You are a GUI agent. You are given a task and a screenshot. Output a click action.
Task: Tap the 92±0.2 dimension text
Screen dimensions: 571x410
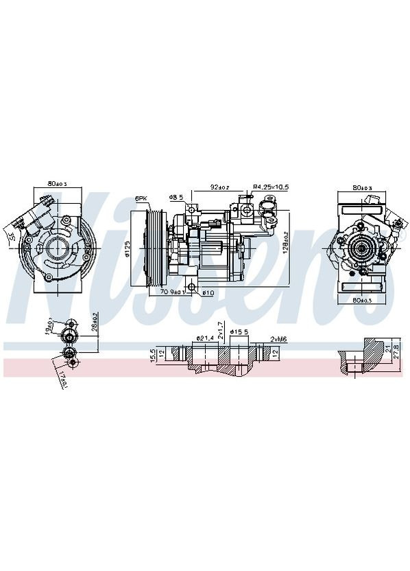pyautogui.click(x=219, y=187)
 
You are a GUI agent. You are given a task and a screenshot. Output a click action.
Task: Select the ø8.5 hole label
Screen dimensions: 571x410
pyautogui.click(x=176, y=198)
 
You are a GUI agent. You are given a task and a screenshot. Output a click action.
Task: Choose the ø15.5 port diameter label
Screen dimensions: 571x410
pyautogui.click(x=238, y=332)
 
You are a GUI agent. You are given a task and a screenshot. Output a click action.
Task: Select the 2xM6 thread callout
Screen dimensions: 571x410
pyautogui.click(x=278, y=338)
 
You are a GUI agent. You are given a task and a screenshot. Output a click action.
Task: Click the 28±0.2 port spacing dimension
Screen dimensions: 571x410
pyautogui.click(x=95, y=327)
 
